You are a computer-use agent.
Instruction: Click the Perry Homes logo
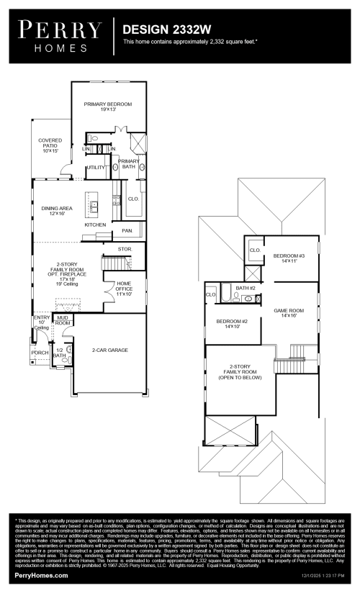pos(60,33)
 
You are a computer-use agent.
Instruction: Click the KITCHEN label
pos(95,225)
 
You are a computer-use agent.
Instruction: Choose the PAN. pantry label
pos(127,231)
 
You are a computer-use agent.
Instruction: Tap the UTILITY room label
pos(96,167)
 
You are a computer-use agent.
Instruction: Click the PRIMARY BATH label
pos(128,164)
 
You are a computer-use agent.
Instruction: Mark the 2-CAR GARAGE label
pos(109,350)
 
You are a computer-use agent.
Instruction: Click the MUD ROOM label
pos(63,320)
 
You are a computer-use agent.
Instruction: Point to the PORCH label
pos(40,353)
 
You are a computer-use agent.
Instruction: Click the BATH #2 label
pos(246,288)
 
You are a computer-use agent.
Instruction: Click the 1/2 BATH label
pos(59,353)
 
